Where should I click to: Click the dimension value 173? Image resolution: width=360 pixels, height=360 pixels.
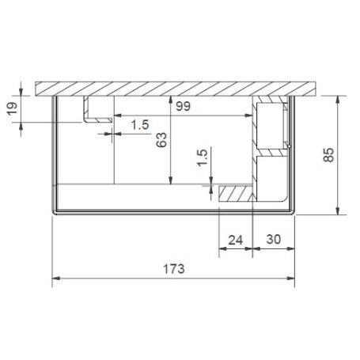[x=174, y=269]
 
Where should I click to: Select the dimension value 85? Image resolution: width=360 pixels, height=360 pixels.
[x=328, y=155]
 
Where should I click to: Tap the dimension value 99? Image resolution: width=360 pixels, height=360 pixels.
[x=184, y=106]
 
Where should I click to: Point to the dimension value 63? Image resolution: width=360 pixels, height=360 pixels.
[x=161, y=139]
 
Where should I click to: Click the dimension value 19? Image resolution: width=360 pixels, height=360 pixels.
[x=12, y=108]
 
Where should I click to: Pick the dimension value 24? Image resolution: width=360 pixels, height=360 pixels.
[x=236, y=240]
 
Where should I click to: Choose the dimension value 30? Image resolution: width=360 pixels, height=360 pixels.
[x=274, y=240]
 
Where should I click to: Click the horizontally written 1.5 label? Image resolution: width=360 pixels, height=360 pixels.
[x=140, y=125]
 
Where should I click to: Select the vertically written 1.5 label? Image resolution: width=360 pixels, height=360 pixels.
[x=203, y=157]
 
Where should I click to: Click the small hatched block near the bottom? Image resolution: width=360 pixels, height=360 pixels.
[x=236, y=194]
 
